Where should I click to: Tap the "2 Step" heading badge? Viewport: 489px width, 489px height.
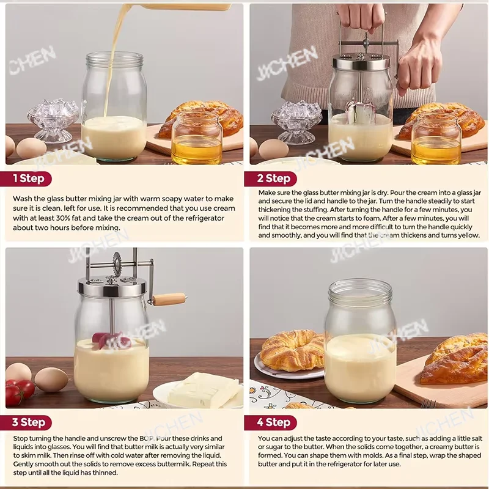pos(270,178)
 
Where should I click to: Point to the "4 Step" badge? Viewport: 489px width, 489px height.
pos(270,422)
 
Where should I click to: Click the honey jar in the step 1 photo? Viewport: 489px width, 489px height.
pos(196,139)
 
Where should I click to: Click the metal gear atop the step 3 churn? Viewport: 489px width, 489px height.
pos(116,259)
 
